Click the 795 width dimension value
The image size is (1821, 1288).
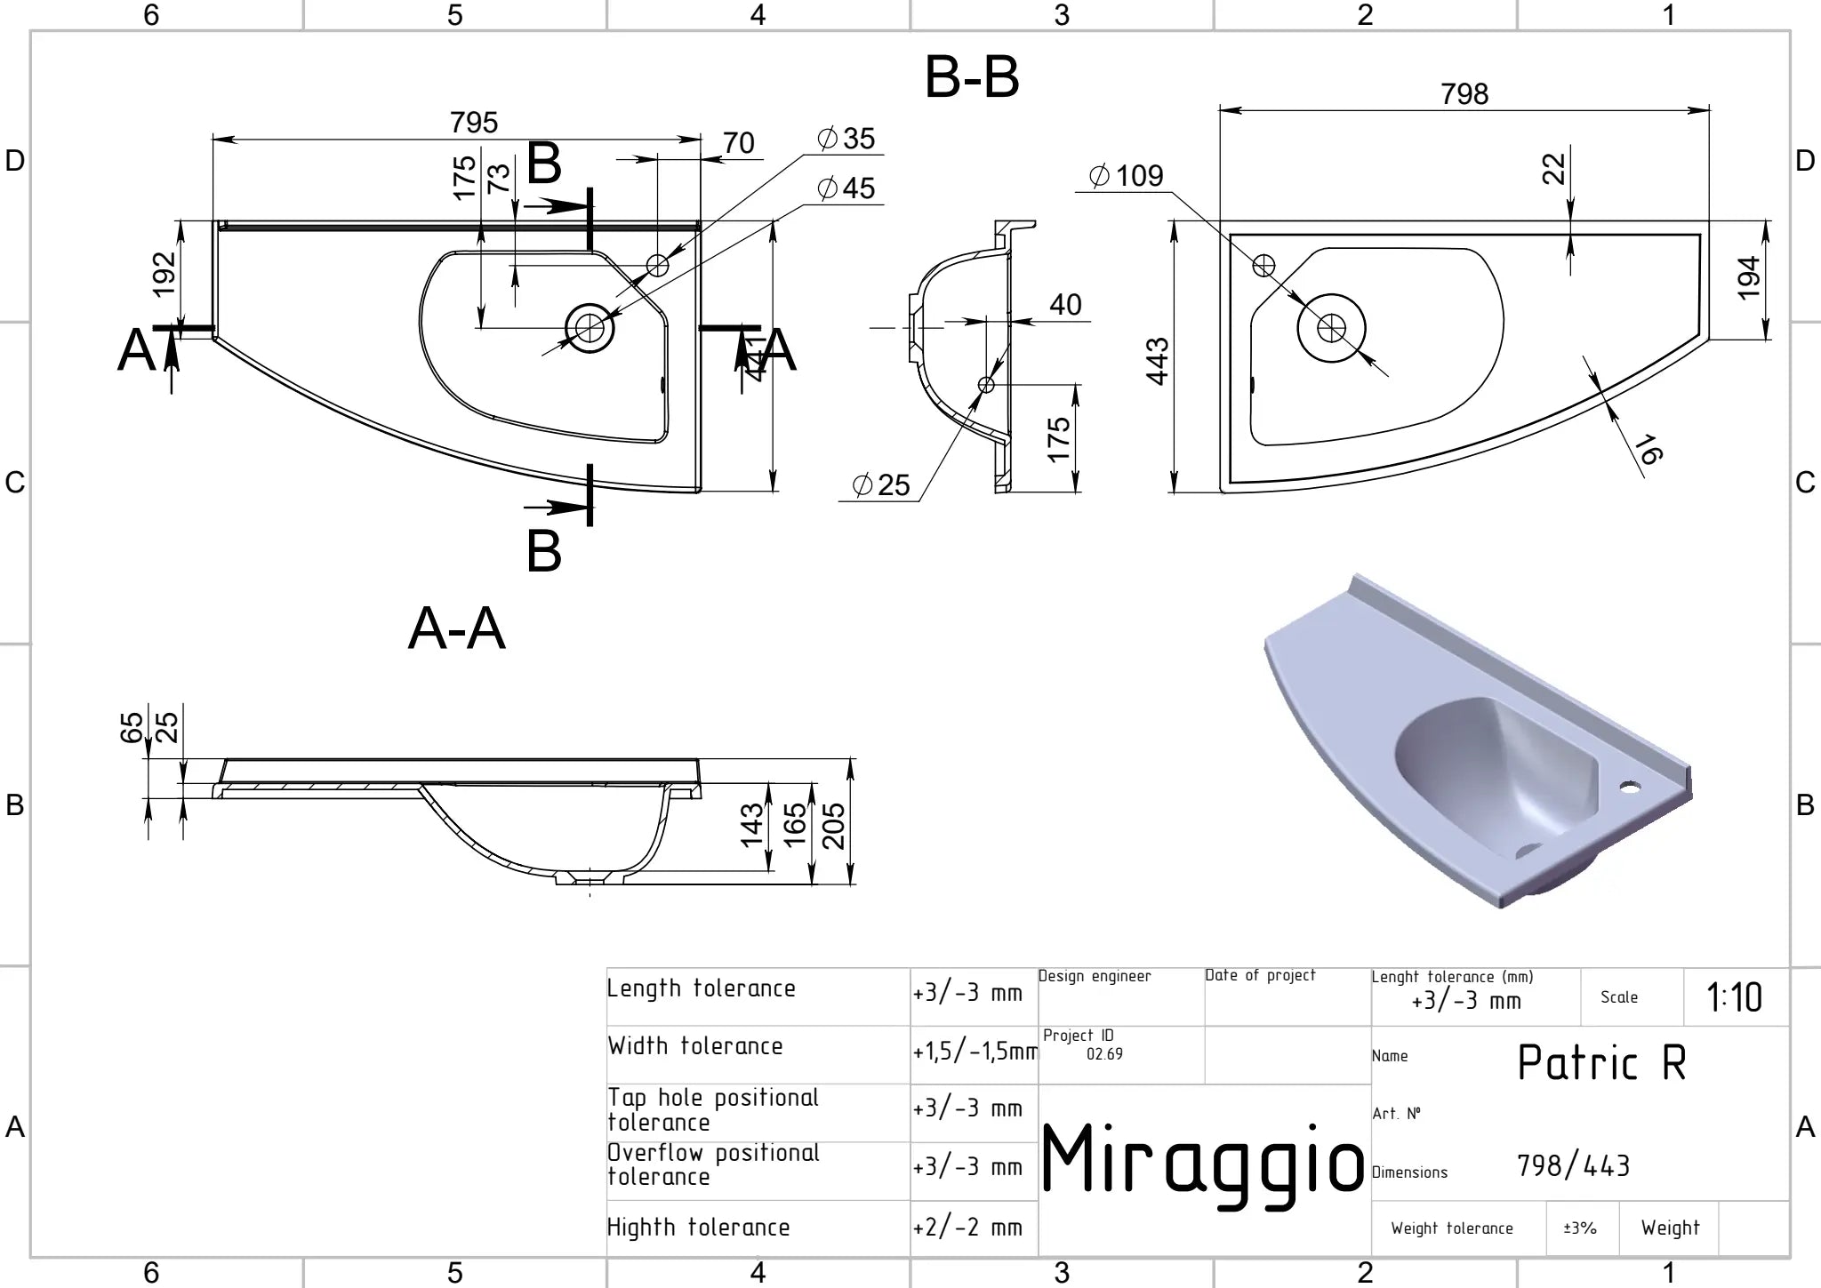pyautogui.click(x=473, y=123)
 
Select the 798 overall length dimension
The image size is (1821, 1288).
pyautogui.click(x=1464, y=94)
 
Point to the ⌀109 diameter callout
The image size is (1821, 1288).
pyautogui.click(x=1126, y=175)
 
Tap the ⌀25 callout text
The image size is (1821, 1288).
pyautogui.click(x=881, y=484)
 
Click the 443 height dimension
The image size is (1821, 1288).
pyautogui.click(x=1157, y=362)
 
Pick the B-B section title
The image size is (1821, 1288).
pyautogui.click(x=972, y=77)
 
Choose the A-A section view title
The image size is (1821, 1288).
pyautogui.click(x=456, y=629)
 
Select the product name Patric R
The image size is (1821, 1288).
pyautogui.click(x=1601, y=1062)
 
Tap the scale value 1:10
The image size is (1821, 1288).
pyautogui.click(x=1734, y=997)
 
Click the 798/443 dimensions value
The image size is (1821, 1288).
pyautogui.click(x=1573, y=1165)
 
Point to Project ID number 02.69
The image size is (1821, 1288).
pyautogui.click(x=1104, y=1054)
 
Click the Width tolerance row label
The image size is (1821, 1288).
pyautogui.click(x=695, y=1045)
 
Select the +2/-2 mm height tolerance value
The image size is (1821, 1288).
pyautogui.click(x=967, y=1228)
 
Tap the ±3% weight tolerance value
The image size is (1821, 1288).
pyautogui.click(x=1580, y=1228)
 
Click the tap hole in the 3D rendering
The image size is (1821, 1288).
pyautogui.click(x=1630, y=787)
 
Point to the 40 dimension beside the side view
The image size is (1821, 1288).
pyautogui.click(x=1065, y=305)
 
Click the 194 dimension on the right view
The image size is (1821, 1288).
pyautogui.click(x=1748, y=277)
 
